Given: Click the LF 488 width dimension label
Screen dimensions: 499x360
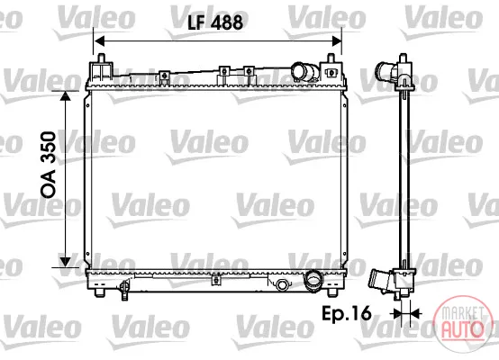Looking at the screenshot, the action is (x=215, y=22).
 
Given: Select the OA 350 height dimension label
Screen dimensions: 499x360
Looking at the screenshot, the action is (x=49, y=165).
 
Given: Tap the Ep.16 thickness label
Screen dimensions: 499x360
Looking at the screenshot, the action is (x=347, y=313).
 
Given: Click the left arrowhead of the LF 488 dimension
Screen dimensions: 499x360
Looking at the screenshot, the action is (x=100, y=40).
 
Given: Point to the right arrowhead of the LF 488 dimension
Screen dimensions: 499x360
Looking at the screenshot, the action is (x=336, y=40).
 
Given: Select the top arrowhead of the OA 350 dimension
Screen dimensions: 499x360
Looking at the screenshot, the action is (x=65, y=96).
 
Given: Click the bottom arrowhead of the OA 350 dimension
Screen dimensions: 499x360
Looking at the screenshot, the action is (x=65, y=262).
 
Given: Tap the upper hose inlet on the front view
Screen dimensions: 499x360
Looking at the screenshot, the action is (x=304, y=72).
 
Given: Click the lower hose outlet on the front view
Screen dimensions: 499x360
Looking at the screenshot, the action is (x=314, y=280).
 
